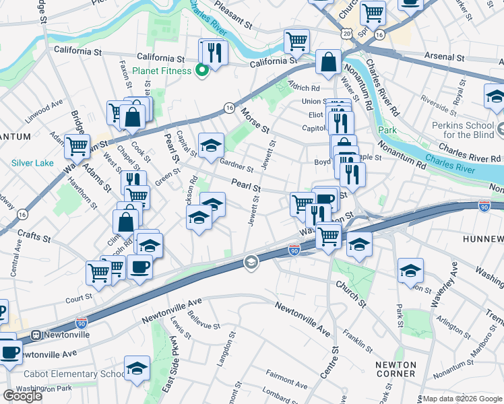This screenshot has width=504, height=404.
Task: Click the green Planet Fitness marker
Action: pyautogui.click(x=201, y=70)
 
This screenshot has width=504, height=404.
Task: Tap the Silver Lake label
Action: pyautogui.click(x=33, y=163)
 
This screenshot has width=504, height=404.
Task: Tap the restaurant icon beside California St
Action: pyautogui.click(x=214, y=52)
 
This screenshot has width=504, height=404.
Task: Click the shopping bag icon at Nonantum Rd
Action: pyautogui.click(x=327, y=62)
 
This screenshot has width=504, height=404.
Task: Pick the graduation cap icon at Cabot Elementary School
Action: pyautogui.click(x=137, y=369)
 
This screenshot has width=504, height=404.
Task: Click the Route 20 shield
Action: pyautogui.click(x=346, y=32)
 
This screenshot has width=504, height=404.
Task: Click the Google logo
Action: pyautogui.click(x=22, y=396)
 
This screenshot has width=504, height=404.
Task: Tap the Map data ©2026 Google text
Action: pyautogui.click(x=462, y=399)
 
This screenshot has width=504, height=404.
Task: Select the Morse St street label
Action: pyautogui.click(x=255, y=121)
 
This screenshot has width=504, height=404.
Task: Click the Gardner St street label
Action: pyautogui.click(x=236, y=166)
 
